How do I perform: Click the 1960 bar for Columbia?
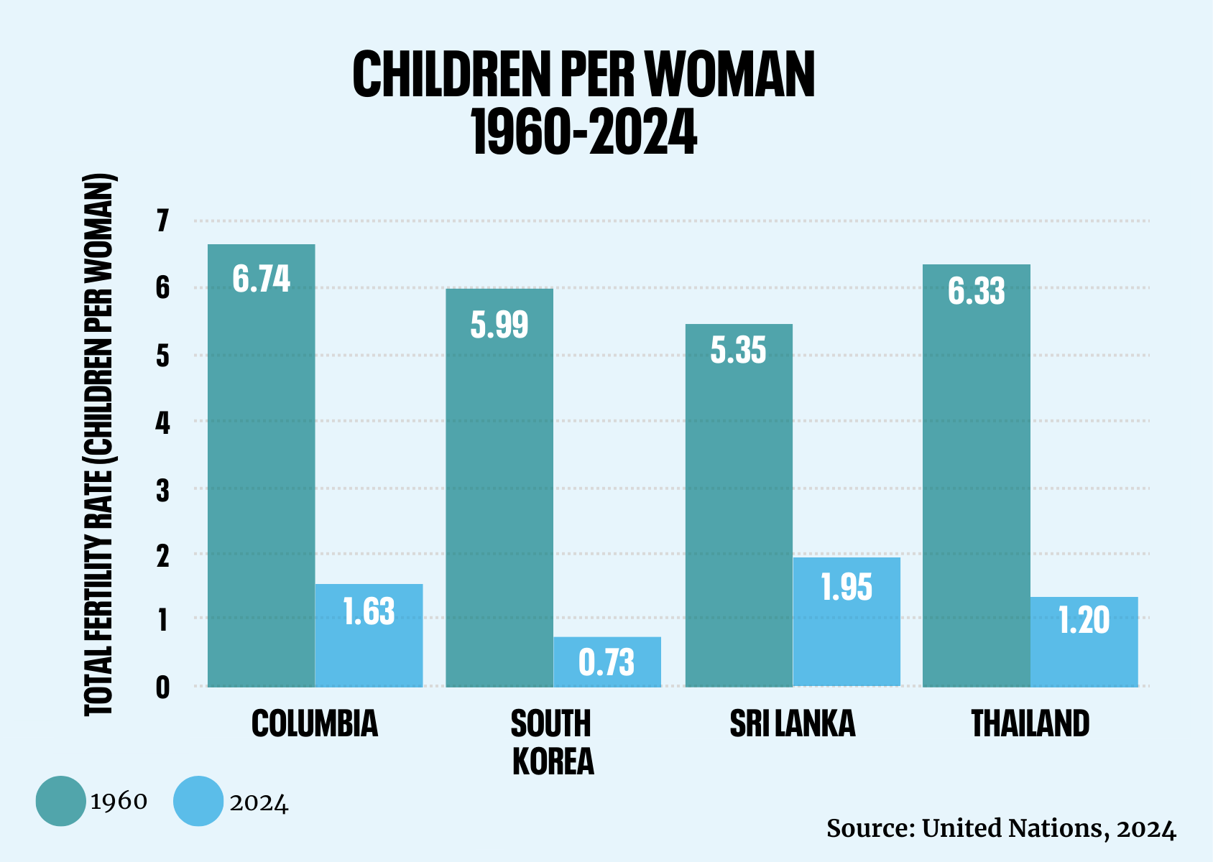tap(261, 467)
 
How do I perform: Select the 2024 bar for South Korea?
tap(607, 662)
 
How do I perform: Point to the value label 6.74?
tap(262, 279)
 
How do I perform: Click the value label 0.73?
tap(607, 662)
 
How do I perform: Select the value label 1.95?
tap(847, 588)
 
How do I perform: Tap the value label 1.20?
tap(1084, 621)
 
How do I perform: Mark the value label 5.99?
tap(499, 325)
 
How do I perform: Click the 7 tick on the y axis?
tap(163, 221)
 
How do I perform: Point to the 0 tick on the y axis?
tap(163, 687)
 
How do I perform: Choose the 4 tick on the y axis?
tap(163, 423)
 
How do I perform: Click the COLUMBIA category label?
tap(315, 723)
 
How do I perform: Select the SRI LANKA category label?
tap(793, 723)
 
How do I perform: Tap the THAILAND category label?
tap(1030, 723)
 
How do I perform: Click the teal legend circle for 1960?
tap(60, 801)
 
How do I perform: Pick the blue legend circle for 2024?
tap(198, 801)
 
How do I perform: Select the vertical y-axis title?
tap(100, 445)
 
